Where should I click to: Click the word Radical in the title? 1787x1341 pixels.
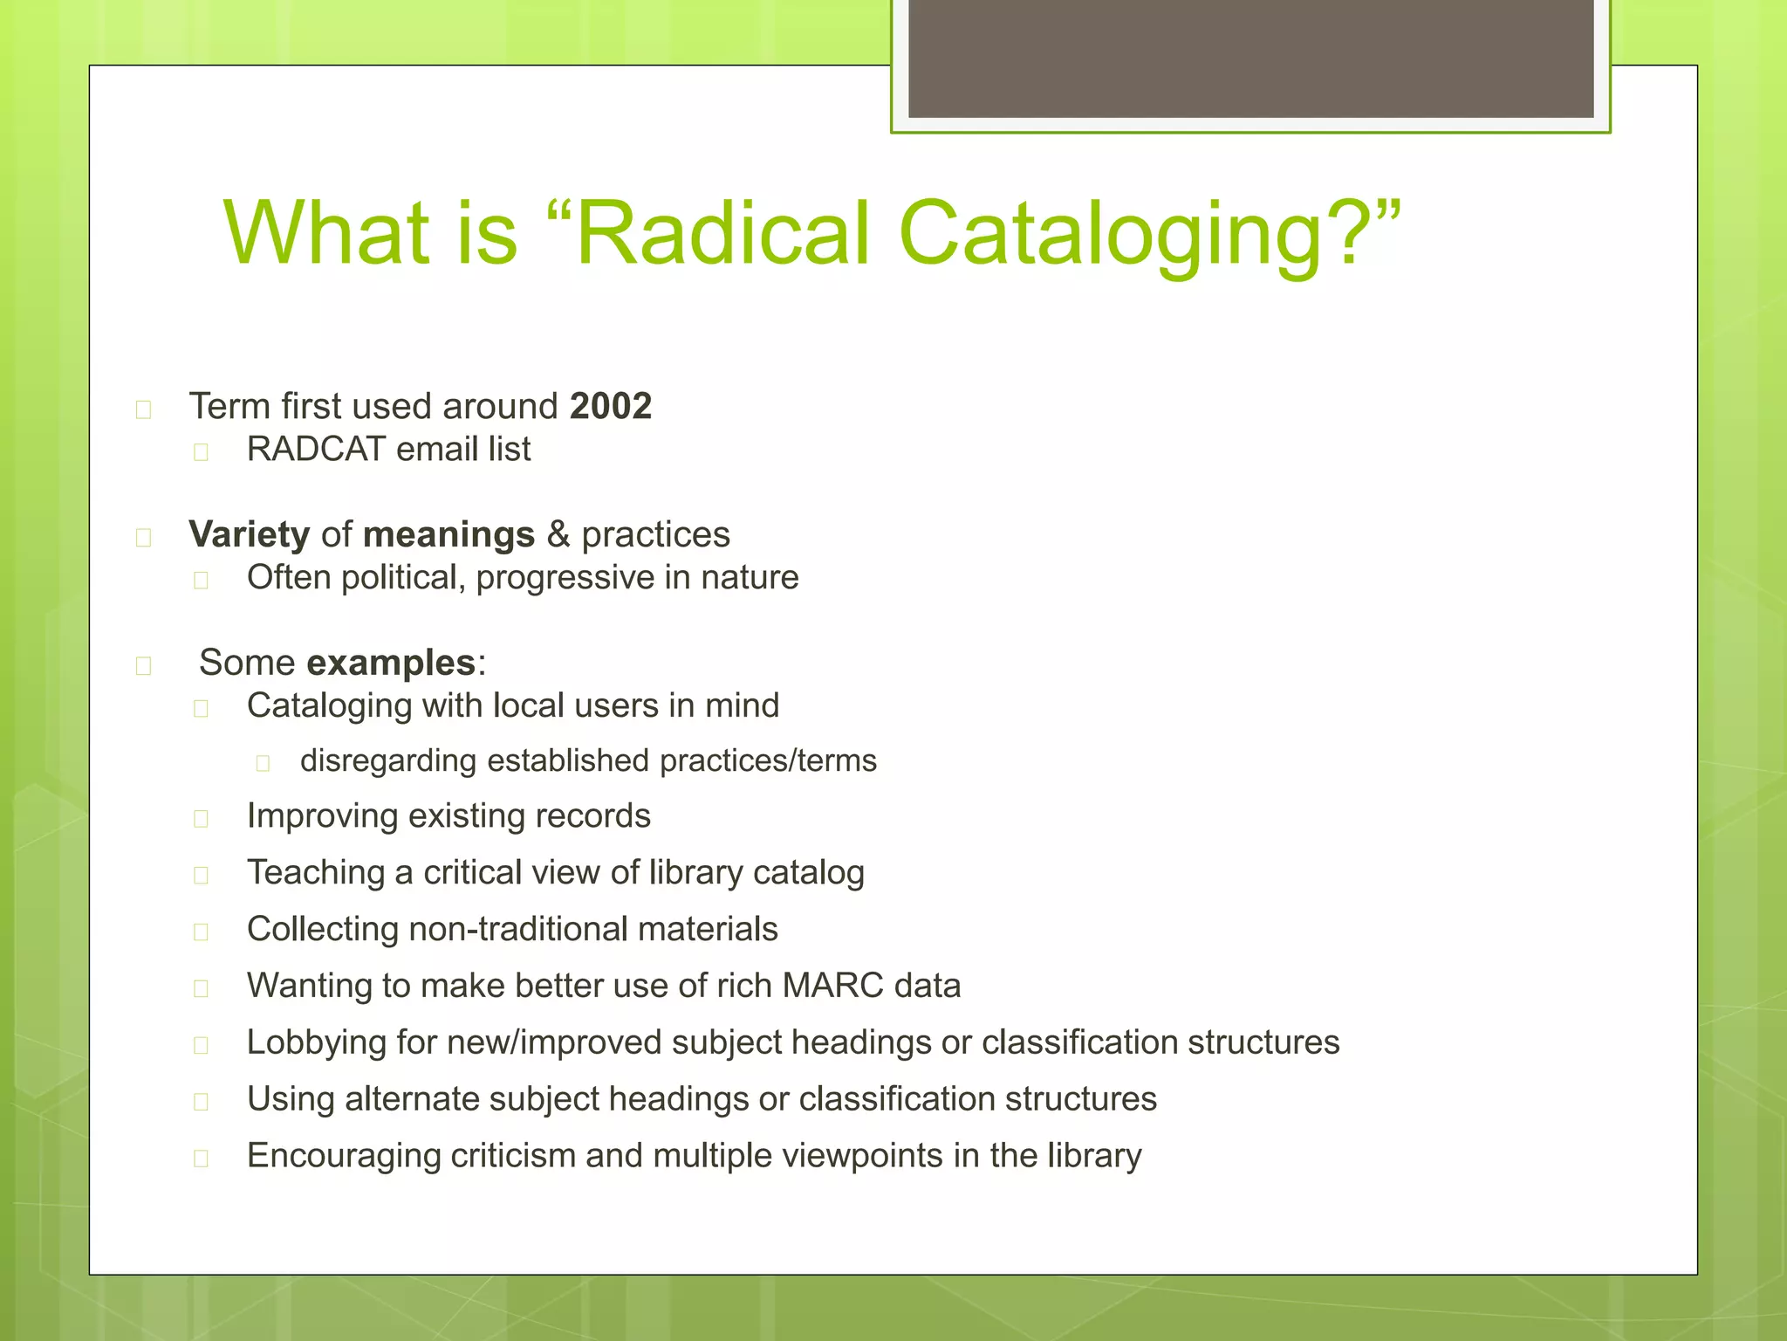pyautogui.click(x=723, y=232)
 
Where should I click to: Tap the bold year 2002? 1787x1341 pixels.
pyautogui.click(x=611, y=406)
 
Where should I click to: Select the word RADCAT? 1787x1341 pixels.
pyautogui.click(x=316, y=449)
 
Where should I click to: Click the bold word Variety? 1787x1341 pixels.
pyautogui.click(x=250, y=534)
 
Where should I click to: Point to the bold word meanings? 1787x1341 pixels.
pyautogui.click(x=448, y=534)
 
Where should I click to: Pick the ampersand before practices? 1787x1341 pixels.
pyautogui.click(x=558, y=534)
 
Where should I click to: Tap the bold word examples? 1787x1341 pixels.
pyautogui.click(x=391, y=663)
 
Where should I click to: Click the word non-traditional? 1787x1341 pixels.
pyautogui.click(x=517, y=929)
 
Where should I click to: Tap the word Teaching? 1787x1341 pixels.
pyautogui.click(x=316, y=872)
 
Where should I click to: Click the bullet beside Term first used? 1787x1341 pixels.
pyautogui.click(x=144, y=409)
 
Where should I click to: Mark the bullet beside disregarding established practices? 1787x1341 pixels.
pyautogui.click(x=263, y=763)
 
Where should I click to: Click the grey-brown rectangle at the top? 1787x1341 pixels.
pyautogui.click(x=1250, y=58)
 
